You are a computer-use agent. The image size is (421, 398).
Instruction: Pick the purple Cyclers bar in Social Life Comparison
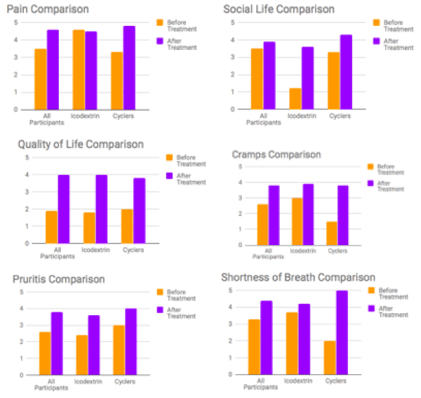[346, 72]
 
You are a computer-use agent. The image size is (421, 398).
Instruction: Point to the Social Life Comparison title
[279, 10]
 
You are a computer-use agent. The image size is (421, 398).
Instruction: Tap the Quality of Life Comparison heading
[81, 145]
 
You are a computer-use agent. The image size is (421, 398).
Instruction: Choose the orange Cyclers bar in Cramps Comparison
[333, 233]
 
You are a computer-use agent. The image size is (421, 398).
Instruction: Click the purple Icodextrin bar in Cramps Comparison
[307, 214]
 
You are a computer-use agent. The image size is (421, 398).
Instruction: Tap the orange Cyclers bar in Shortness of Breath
[329, 357]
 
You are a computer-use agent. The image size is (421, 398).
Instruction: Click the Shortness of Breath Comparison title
[298, 277]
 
